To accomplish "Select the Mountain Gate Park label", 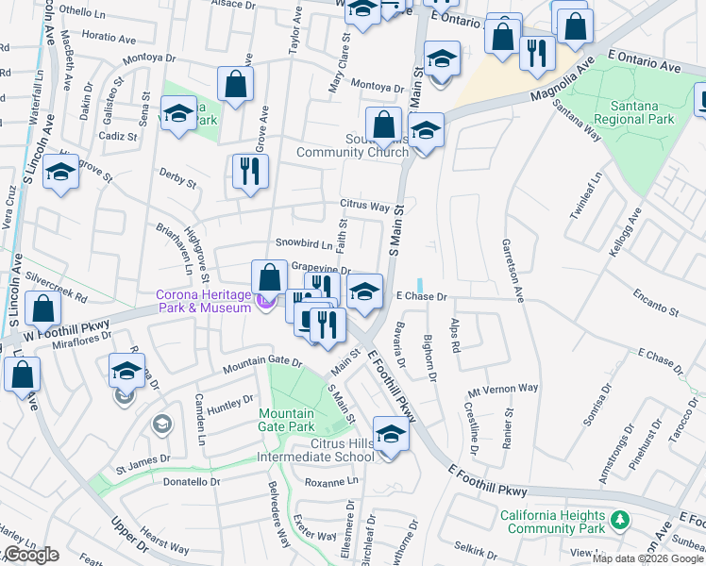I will coord(286,420).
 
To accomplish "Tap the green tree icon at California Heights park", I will coord(620,520).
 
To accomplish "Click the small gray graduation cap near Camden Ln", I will coord(161,424).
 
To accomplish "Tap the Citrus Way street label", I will coord(365,206).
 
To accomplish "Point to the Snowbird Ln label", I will coord(303,243).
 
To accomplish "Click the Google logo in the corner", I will coord(31,555).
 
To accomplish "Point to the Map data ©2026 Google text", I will coord(647,558).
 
